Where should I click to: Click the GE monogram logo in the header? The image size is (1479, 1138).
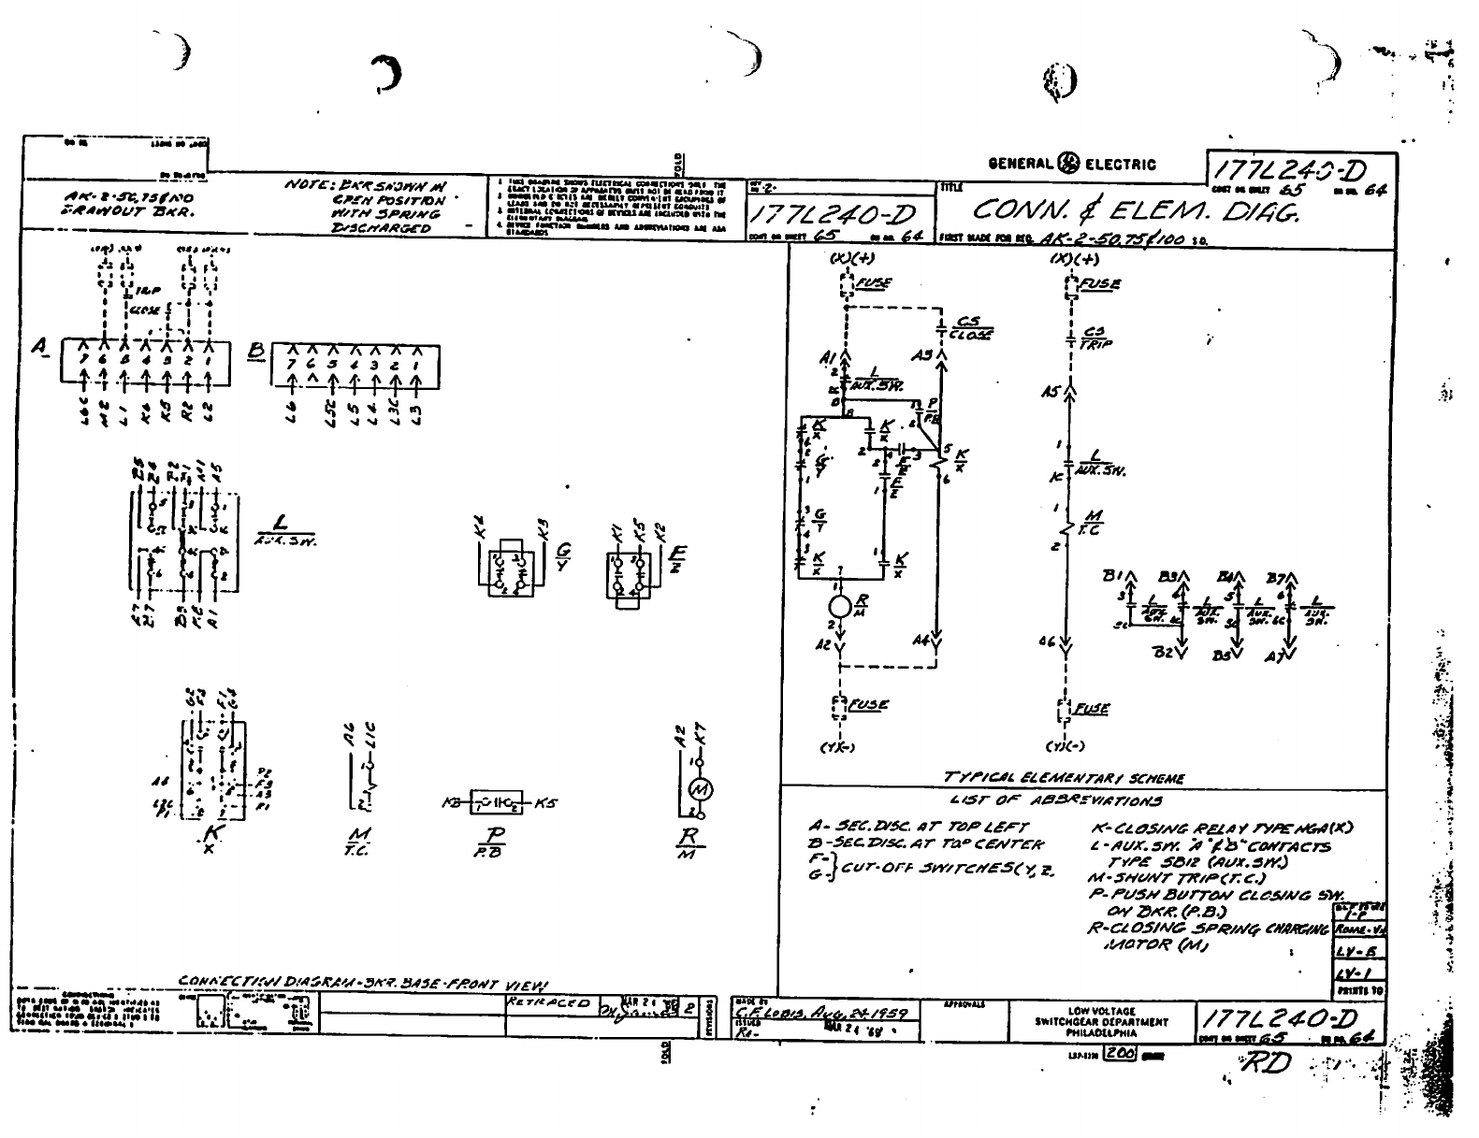1066,164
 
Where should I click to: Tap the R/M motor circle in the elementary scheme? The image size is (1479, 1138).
840,606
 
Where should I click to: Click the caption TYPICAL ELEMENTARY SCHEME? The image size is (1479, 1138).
1064,778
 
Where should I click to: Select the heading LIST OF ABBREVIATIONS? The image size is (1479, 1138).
1055,800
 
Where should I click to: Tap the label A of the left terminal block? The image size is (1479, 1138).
39,348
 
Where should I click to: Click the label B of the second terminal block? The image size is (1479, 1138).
256,352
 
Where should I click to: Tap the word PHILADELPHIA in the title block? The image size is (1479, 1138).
1101,1034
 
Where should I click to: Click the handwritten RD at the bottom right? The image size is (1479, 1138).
1264,1065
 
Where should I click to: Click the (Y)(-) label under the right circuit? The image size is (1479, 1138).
1065,746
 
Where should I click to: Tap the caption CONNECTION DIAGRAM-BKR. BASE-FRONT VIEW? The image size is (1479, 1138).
363,982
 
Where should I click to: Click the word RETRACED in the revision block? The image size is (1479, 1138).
546,1001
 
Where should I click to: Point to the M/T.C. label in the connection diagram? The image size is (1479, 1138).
358,841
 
